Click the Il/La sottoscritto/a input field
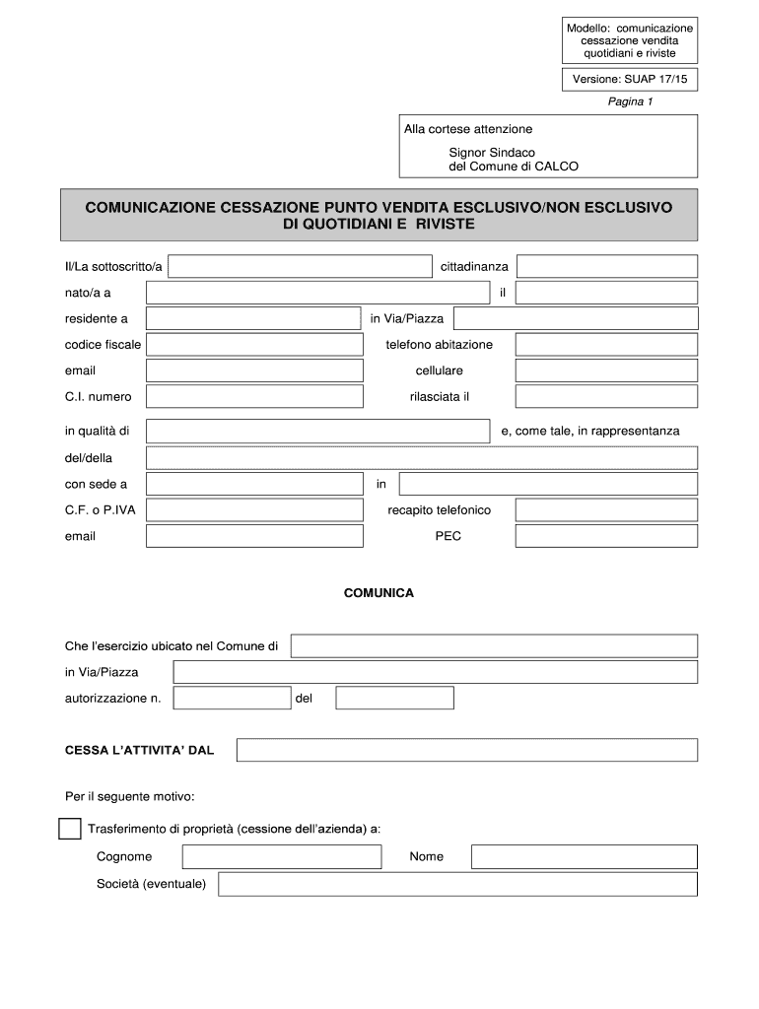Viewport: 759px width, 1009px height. click(300, 267)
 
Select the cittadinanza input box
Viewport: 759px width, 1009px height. click(606, 267)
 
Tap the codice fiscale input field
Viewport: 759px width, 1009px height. click(253, 345)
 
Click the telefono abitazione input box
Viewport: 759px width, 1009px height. click(606, 345)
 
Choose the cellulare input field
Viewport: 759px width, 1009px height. click(606, 370)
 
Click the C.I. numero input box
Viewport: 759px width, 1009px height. click(253, 397)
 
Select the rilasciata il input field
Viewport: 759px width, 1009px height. click(606, 397)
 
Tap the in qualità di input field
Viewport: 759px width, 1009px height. click(317, 432)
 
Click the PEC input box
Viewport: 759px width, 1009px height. click(606, 536)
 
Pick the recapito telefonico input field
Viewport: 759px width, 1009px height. click(606, 510)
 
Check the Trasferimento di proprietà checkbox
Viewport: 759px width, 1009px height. click(69, 829)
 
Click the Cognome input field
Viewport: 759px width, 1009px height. click(280, 857)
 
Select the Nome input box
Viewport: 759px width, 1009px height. click(584, 857)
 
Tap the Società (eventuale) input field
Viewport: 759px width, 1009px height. click(457, 884)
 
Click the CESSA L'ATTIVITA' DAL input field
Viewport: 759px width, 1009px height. click(466, 751)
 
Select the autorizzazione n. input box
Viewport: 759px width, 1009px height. click(232, 699)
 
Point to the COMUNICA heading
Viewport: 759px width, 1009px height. click(379, 594)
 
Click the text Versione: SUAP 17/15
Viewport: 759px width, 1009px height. click(630, 79)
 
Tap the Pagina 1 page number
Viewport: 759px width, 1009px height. click(630, 101)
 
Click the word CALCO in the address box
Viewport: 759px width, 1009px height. click(556, 168)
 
